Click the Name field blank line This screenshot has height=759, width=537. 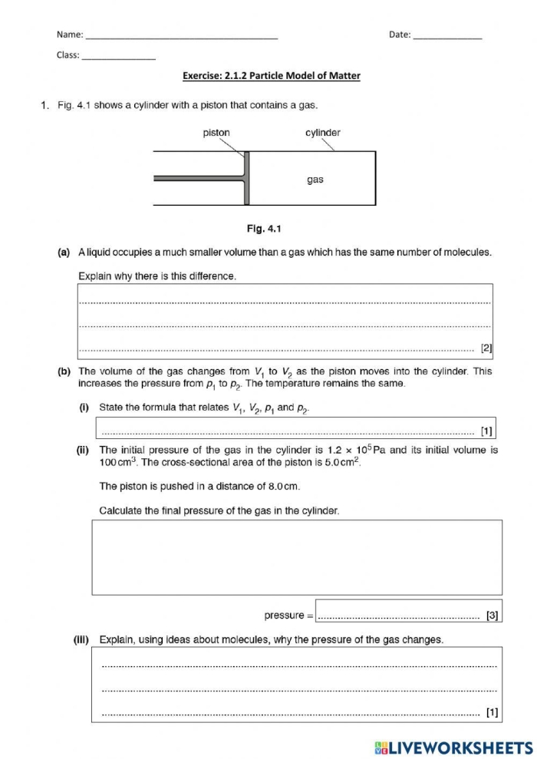click(181, 36)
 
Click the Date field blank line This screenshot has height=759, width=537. click(447, 36)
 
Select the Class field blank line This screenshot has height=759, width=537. click(118, 57)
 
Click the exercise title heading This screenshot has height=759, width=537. click(271, 76)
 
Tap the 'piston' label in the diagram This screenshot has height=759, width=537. click(216, 133)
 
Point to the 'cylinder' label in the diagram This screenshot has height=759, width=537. click(323, 133)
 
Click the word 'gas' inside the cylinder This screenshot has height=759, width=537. click(315, 180)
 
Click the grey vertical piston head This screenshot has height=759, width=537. click(246, 178)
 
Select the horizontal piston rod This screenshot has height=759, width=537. click(199, 178)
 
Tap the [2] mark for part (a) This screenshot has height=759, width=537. click(486, 348)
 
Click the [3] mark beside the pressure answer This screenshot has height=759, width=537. click(492, 615)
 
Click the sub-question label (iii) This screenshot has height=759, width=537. click(83, 639)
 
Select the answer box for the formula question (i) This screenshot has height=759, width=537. click(298, 429)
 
